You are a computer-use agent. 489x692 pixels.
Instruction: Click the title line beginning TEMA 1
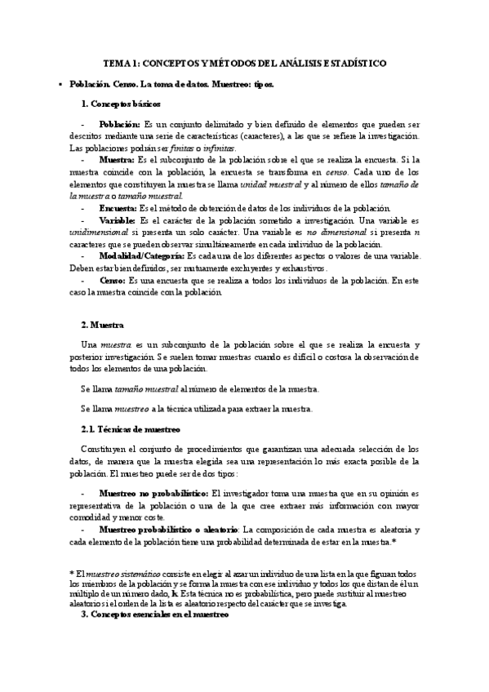click(x=244, y=63)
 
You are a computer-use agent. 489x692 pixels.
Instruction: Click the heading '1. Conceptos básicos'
click(x=121, y=103)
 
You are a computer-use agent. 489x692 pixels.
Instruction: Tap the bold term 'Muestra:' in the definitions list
click(x=117, y=161)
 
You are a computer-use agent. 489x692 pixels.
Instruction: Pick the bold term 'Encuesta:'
click(x=118, y=208)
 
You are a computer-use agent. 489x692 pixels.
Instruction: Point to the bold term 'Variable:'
click(x=118, y=220)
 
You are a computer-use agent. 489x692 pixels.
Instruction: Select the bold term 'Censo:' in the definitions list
click(x=112, y=280)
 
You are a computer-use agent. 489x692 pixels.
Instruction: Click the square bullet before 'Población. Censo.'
click(x=60, y=84)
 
